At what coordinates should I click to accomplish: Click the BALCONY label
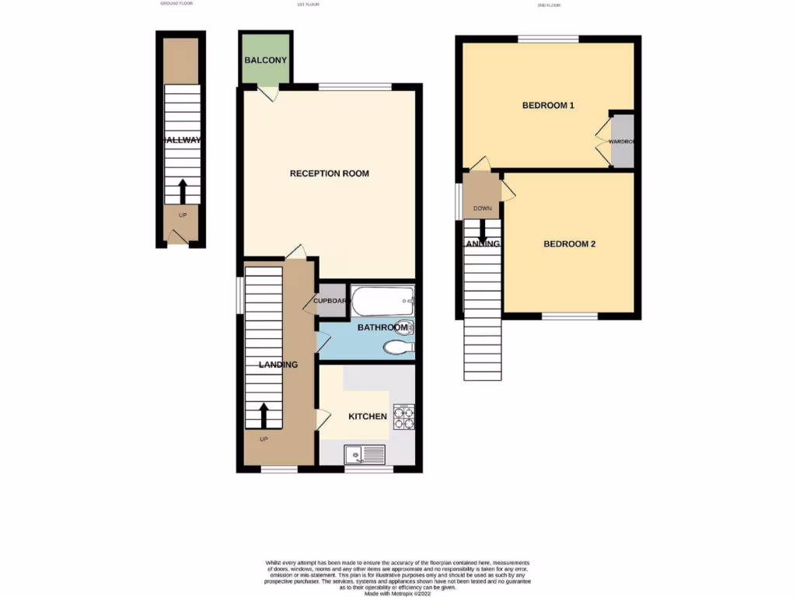coord(266,61)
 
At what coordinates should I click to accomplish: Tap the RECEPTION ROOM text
coord(329,173)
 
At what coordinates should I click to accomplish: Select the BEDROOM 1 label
coord(547,106)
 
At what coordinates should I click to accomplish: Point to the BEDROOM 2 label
coord(569,244)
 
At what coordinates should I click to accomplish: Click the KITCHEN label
coord(367,417)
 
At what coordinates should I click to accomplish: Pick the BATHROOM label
coord(382,328)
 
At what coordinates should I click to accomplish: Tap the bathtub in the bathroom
coord(382,299)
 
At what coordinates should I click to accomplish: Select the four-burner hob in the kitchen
coord(404,417)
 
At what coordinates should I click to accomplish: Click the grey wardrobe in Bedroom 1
coord(623,141)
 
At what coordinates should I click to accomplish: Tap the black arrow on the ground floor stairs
coord(183,190)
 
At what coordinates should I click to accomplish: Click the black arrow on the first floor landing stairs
coord(264,415)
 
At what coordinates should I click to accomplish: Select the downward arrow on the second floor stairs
coord(482,230)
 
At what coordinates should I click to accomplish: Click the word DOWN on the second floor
coord(482,208)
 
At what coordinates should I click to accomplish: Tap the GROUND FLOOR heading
coord(176,4)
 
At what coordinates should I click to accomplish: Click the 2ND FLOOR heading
coord(549,5)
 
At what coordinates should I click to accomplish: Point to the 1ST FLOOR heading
coord(309,5)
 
